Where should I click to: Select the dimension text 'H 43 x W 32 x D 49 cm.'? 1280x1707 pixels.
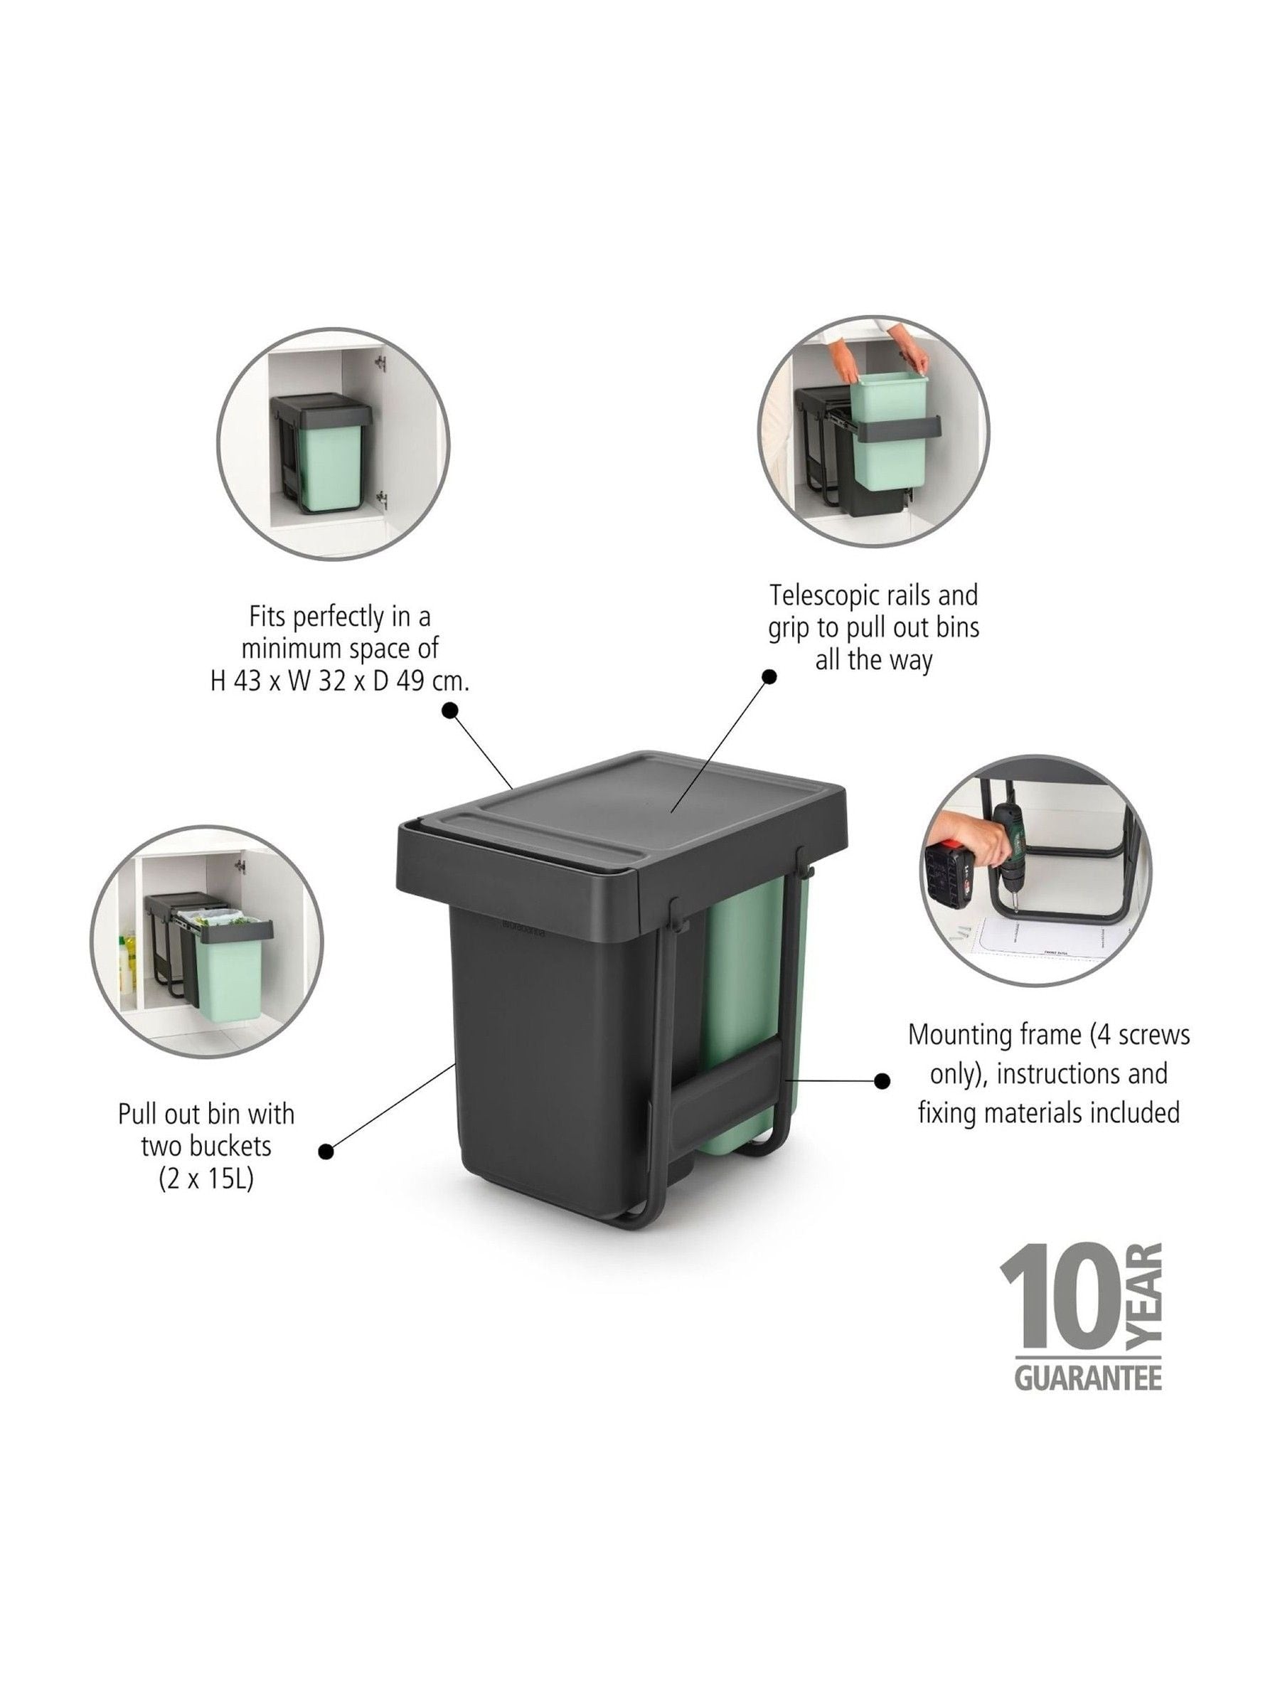point(339,681)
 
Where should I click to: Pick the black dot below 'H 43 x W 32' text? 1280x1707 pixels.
point(450,710)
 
